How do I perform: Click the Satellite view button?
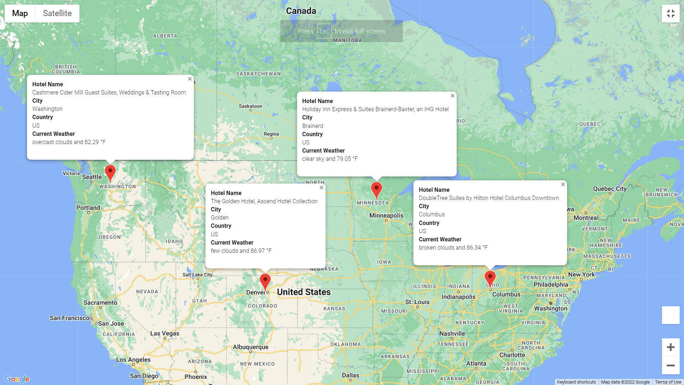pyautogui.click(x=57, y=14)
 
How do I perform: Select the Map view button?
pyautogui.click(x=20, y=14)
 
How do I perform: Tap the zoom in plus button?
pyautogui.click(x=670, y=347)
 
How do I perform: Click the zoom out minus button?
pyautogui.click(x=670, y=365)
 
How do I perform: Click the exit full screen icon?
pyautogui.click(x=670, y=14)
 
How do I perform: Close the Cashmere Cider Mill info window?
pyautogui.click(x=190, y=79)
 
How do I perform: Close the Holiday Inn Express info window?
pyautogui.click(x=452, y=96)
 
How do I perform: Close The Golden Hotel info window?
pyautogui.click(x=321, y=188)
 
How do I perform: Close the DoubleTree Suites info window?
pyautogui.click(x=563, y=184)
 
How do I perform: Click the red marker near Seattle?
pyautogui.click(x=110, y=172)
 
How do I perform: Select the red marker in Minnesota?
pyautogui.click(x=376, y=189)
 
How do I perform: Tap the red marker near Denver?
pyautogui.click(x=265, y=281)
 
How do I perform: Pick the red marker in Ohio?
pyautogui.click(x=490, y=278)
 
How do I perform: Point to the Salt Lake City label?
pyautogui.click(x=197, y=275)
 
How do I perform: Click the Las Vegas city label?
pyautogui.click(x=165, y=333)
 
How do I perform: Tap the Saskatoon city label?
pyautogui.click(x=250, y=106)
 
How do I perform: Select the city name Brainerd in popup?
pyautogui.click(x=312, y=126)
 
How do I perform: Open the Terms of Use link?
pyautogui.click(x=668, y=382)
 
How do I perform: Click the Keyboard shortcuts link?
pyautogui.click(x=576, y=382)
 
